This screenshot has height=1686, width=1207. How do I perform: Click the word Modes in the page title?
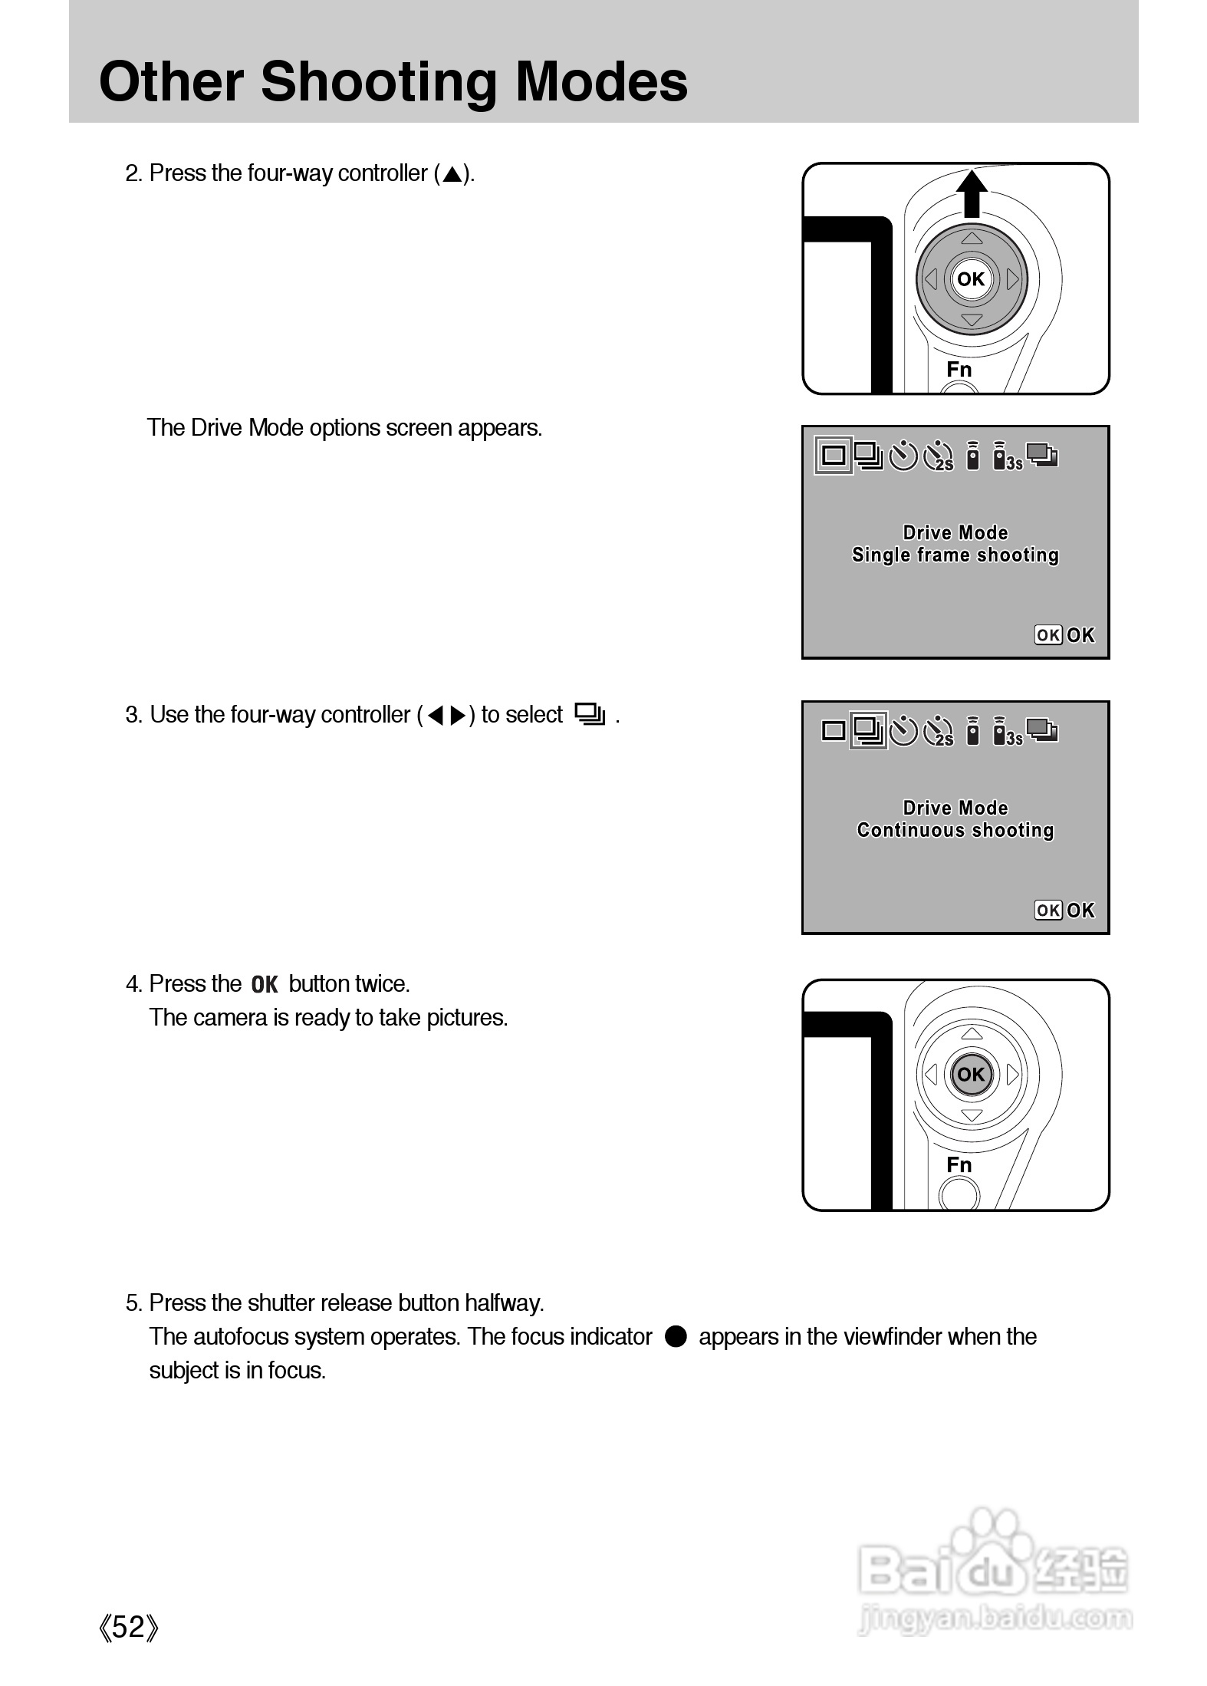pyautogui.click(x=601, y=82)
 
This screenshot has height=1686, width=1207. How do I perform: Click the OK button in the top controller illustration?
pyautogui.click(x=971, y=279)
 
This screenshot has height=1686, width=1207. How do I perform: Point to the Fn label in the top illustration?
pyautogui.click(x=959, y=370)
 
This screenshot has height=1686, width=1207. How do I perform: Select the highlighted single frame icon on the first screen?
pyautogui.click(x=834, y=456)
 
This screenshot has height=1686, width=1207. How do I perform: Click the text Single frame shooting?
pyautogui.click(x=955, y=555)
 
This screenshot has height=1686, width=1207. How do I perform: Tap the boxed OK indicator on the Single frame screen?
pyautogui.click(x=1047, y=635)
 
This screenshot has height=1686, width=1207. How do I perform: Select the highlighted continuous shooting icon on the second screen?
pyautogui.click(x=868, y=730)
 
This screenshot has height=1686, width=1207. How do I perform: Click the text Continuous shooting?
pyautogui.click(x=955, y=830)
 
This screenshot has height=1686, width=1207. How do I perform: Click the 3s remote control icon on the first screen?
pyautogui.click(x=1005, y=457)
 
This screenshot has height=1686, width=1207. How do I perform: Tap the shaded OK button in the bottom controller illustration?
pyautogui.click(x=971, y=1075)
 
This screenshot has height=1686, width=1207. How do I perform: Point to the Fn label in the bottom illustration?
pyautogui.click(x=959, y=1165)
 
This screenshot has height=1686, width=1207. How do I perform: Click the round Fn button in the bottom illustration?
pyautogui.click(x=959, y=1195)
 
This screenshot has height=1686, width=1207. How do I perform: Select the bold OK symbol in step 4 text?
pyautogui.click(x=265, y=984)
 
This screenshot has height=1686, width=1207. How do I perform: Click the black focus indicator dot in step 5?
pyautogui.click(x=676, y=1336)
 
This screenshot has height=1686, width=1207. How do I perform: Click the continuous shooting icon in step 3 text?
pyautogui.click(x=590, y=715)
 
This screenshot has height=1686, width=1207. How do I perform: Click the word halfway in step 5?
pyautogui.click(x=504, y=1302)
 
